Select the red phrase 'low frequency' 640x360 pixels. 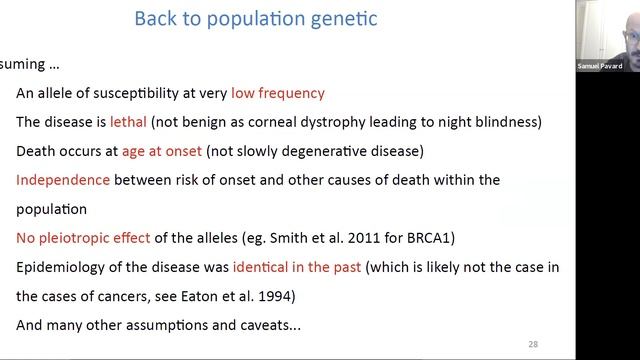click(x=278, y=94)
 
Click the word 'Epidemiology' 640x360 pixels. click(x=59, y=268)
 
